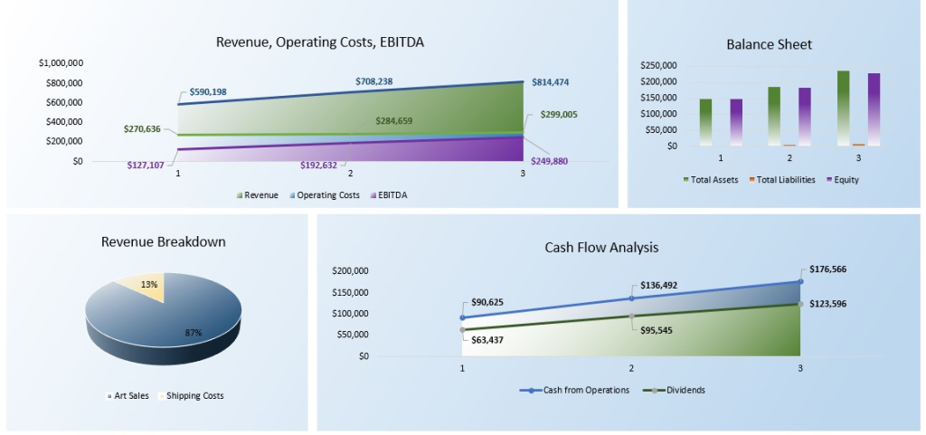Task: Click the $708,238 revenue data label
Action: click(x=373, y=81)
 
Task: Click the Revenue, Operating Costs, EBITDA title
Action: click(x=320, y=42)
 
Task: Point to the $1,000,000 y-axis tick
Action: click(x=61, y=63)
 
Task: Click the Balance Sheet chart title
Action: click(x=769, y=43)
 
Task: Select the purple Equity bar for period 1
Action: click(x=736, y=121)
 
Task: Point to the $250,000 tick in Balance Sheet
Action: click(x=657, y=66)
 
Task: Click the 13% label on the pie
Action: click(x=149, y=285)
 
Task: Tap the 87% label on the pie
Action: click(x=194, y=333)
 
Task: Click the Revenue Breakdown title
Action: click(x=164, y=241)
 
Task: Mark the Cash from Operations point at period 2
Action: click(x=631, y=298)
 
